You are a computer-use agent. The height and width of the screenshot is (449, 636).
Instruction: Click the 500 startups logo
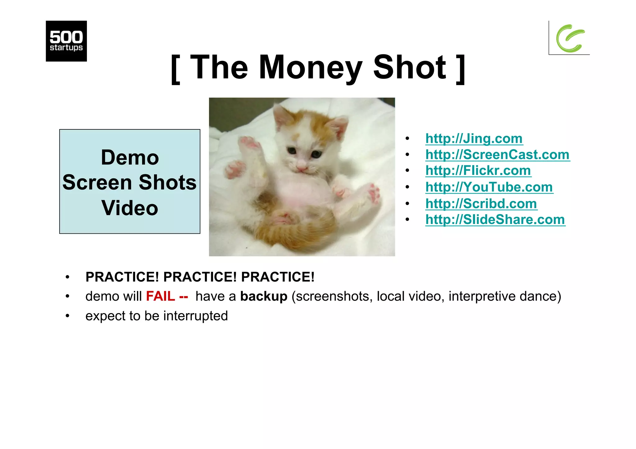point(66,41)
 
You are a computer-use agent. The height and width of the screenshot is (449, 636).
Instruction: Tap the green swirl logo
point(570,38)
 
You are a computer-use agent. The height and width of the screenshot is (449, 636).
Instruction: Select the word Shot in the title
point(410,67)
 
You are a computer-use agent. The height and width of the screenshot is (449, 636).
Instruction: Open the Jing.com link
point(474,138)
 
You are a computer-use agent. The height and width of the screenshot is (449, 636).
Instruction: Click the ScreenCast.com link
point(497,155)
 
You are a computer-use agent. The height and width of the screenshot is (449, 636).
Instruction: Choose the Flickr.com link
point(478,170)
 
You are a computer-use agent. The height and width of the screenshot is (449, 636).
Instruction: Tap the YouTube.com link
point(489,187)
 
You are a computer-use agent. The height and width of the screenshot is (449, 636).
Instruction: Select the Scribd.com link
point(481,204)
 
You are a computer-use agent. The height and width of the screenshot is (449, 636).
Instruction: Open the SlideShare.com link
point(495,219)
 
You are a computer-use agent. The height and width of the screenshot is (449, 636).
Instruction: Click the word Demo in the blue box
point(130,157)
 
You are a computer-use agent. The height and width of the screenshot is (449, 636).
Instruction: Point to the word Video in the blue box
point(130,208)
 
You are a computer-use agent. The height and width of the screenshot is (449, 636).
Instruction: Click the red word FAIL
point(161,296)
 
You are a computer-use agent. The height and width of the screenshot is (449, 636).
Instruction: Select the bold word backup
point(264,296)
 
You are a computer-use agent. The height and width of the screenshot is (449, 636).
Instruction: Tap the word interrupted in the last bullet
point(196,316)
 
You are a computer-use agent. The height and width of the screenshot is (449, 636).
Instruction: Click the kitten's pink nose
point(301,168)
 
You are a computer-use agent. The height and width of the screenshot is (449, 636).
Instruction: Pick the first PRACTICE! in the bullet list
point(122,277)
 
